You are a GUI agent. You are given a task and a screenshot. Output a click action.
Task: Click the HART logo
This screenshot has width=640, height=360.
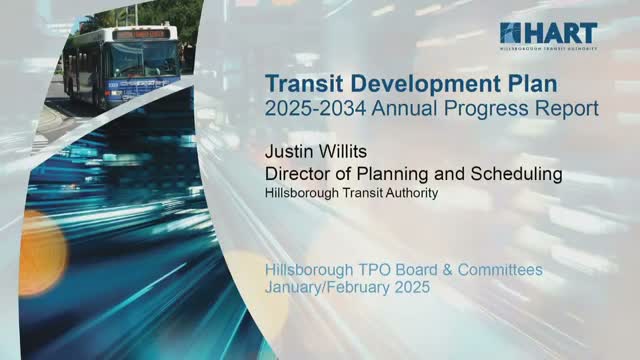(548, 36)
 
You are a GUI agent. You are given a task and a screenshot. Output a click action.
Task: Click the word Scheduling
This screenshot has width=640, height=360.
(513, 175)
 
